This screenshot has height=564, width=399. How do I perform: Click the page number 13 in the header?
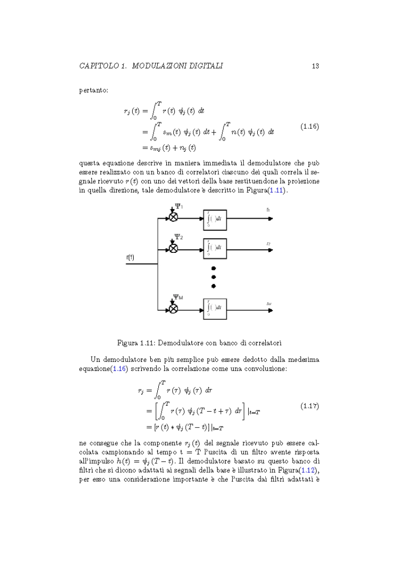coord(315,66)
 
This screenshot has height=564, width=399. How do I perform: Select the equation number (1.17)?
coord(310,406)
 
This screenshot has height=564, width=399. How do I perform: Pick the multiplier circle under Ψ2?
coord(173,248)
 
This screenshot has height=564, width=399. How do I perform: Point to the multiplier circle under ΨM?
coord(173,308)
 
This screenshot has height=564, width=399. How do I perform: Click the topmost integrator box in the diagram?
coord(214,218)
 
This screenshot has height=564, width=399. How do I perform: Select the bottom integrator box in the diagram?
coord(214,308)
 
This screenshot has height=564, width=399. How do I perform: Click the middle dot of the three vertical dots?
coord(213,277)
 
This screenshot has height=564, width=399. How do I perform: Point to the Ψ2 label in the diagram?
coord(179,237)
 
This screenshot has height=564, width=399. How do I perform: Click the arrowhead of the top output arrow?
coord(271,218)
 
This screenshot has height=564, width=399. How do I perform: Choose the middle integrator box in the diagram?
coord(214,248)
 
